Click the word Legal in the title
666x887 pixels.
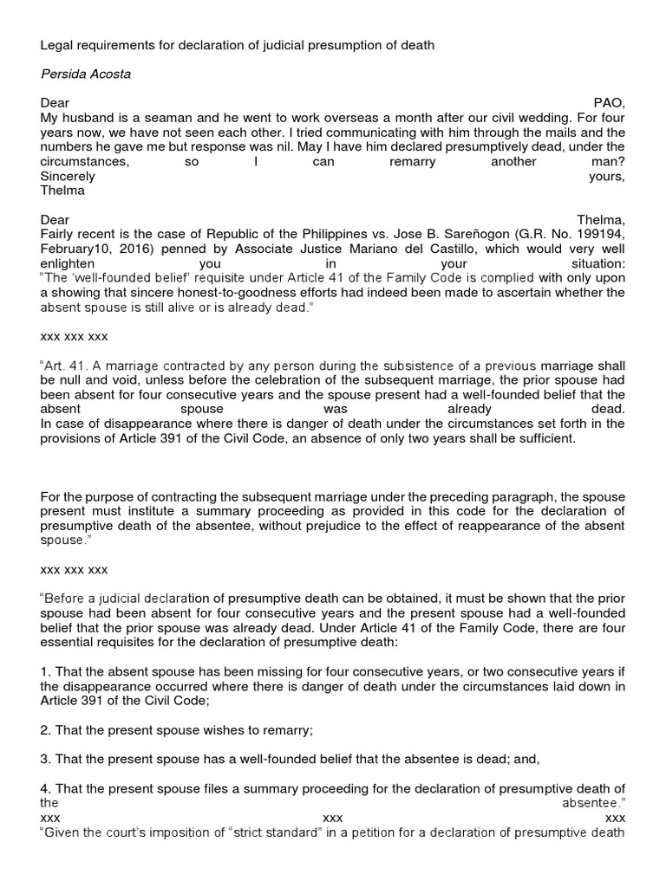coord(56,44)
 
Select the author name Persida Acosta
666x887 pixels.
coord(84,74)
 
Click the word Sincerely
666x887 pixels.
coord(69,176)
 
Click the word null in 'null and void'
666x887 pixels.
coord(71,380)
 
